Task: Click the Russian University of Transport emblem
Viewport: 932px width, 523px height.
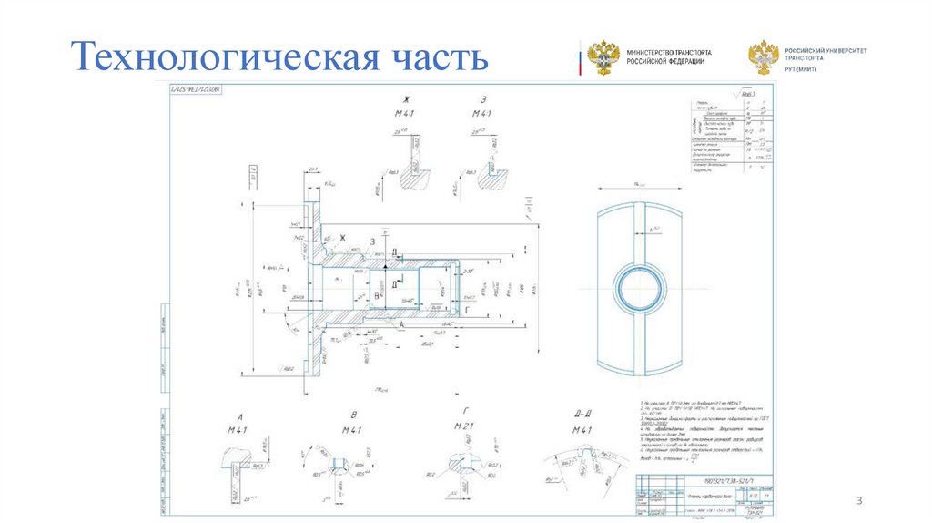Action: (x=762, y=56)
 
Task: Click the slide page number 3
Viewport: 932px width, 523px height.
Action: (x=857, y=501)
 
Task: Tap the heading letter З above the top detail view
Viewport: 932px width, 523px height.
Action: (x=482, y=99)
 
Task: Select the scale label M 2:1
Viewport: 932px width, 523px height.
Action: (x=465, y=428)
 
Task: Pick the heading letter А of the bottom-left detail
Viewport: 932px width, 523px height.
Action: (x=238, y=415)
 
